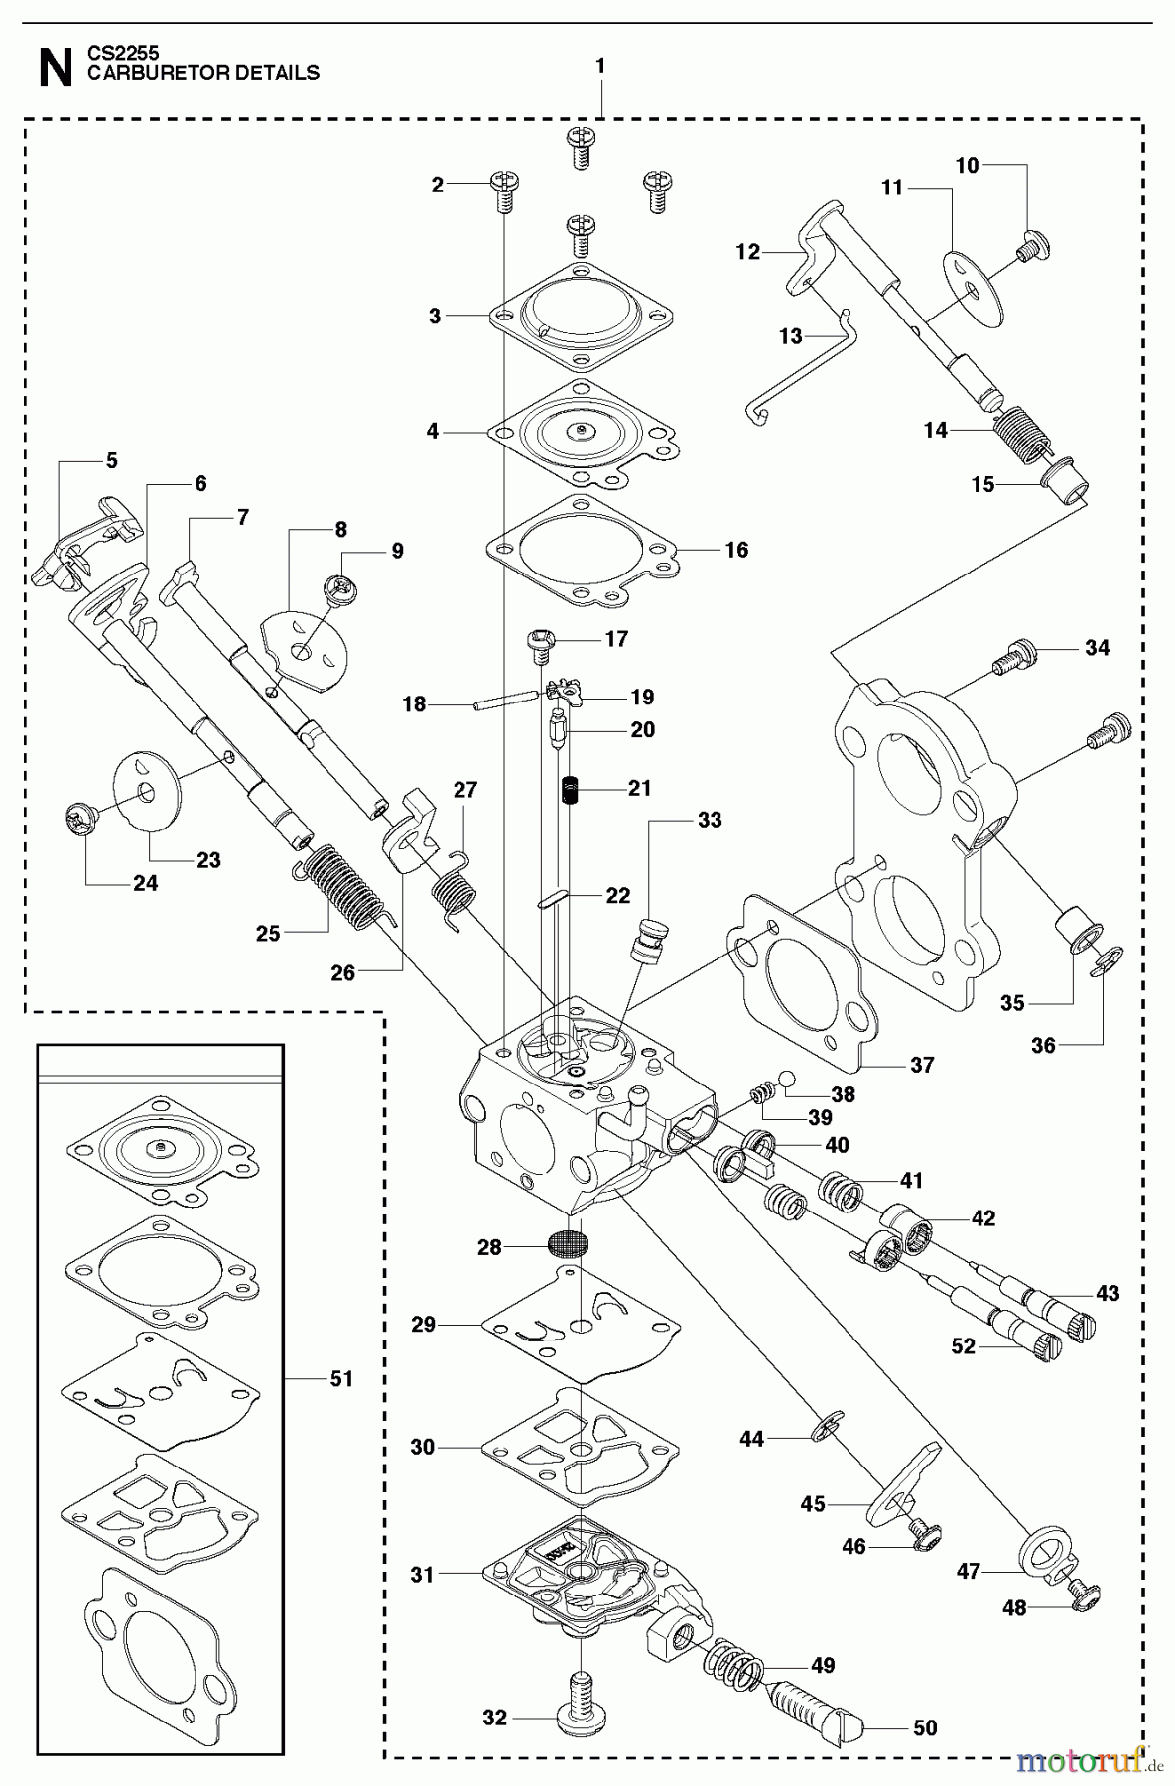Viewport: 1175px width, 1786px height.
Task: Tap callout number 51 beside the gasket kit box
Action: tap(341, 1379)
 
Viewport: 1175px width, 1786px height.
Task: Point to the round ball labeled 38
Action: tap(788, 1079)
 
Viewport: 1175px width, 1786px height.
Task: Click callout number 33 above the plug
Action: tap(710, 820)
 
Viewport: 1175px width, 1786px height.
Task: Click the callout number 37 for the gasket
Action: tap(922, 1065)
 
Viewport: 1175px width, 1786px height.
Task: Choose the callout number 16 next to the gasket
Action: tap(736, 550)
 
